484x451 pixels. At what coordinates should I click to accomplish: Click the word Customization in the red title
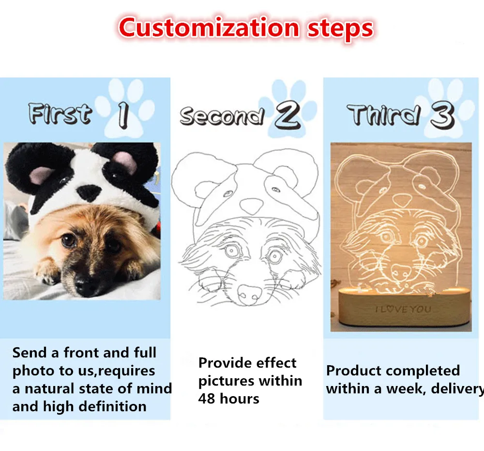click(x=209, y=28)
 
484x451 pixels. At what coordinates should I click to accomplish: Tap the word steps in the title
click(x=340, y=30)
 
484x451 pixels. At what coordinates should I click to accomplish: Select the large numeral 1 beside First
click(x=123, y=115)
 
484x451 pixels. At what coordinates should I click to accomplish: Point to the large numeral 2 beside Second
click(x=287, y=115)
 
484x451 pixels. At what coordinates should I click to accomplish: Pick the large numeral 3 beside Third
click(x=443, y=115)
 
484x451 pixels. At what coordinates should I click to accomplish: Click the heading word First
click(x=60, y=113)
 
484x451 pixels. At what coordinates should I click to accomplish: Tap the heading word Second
click(x=222, y=116)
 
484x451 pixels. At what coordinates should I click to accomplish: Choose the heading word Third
click(x=384, y=114)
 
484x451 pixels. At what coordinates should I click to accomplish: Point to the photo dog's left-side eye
click(x=69, y=240)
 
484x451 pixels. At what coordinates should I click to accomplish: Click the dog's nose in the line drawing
click(x=249, y=294)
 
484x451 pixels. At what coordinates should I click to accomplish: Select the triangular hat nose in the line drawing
click(x=252, y=206)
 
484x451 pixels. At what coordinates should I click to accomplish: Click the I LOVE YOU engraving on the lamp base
click(x=403, y=309)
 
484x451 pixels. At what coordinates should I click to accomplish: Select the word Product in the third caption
click(x=349, y=370)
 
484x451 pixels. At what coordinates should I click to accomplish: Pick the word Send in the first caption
click(x=30, y=353)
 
